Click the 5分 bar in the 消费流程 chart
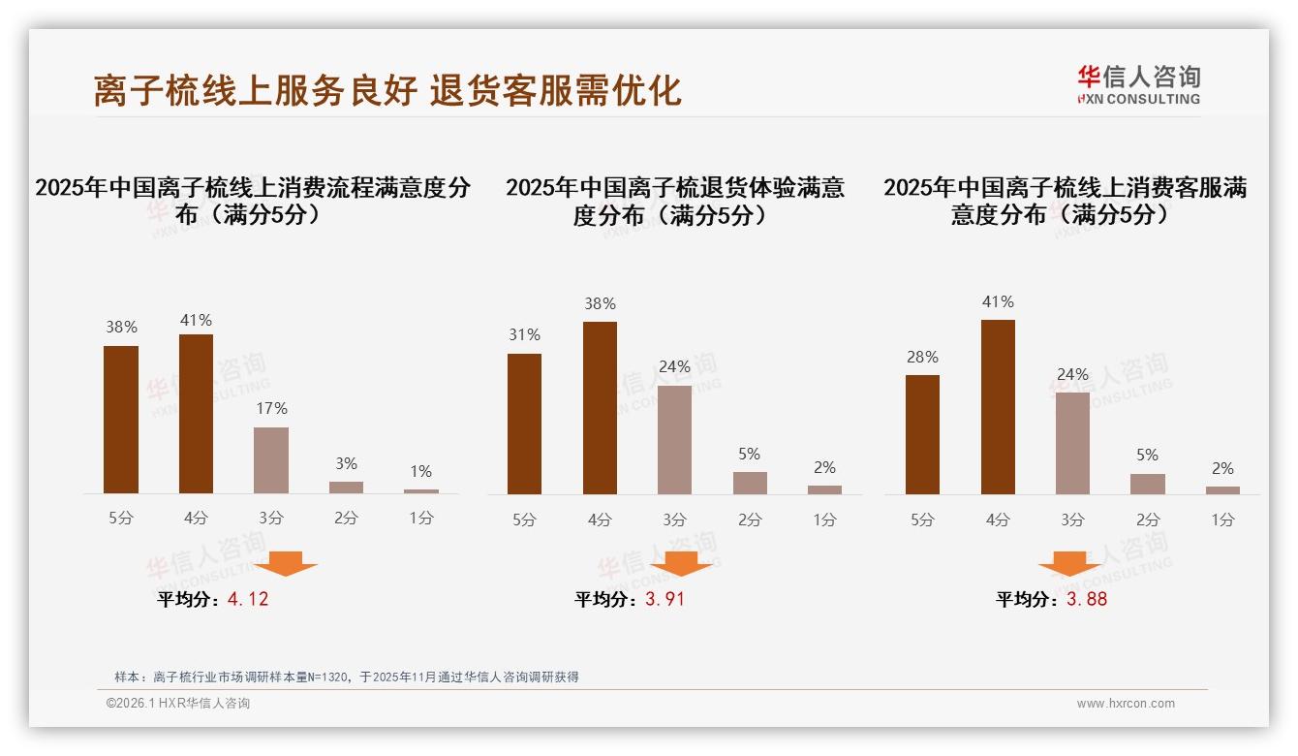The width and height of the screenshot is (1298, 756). click(121, 420)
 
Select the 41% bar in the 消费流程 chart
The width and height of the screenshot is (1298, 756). click(196, 414)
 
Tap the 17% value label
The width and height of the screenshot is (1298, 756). click(271, 409)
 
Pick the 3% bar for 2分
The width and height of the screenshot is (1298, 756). click(346, 487)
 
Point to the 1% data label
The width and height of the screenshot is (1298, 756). click(420, 472)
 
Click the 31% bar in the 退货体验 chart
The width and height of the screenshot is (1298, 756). click(524, 424)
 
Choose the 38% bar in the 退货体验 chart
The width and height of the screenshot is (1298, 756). click(600, 408)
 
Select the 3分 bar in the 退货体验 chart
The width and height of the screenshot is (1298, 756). click(674, 440)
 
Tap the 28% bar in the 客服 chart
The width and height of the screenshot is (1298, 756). click(922, 434)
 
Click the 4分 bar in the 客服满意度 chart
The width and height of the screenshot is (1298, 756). click(998, 407)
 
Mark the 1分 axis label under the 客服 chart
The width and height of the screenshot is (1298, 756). click(1222, 520)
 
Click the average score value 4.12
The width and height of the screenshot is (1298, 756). click(248, 599)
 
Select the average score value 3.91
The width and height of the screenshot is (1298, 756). click(664, 599)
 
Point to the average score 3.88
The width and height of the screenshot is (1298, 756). click(1087, 599)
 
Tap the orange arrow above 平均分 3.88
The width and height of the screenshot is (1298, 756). click(1069, 563)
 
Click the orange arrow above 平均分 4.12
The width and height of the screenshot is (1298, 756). click(286, 563)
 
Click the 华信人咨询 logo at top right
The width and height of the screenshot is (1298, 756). click(1138, 84)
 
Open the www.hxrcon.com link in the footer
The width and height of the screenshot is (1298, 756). click(1126, 704)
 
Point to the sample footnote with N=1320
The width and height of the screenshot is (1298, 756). click(346, 677)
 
